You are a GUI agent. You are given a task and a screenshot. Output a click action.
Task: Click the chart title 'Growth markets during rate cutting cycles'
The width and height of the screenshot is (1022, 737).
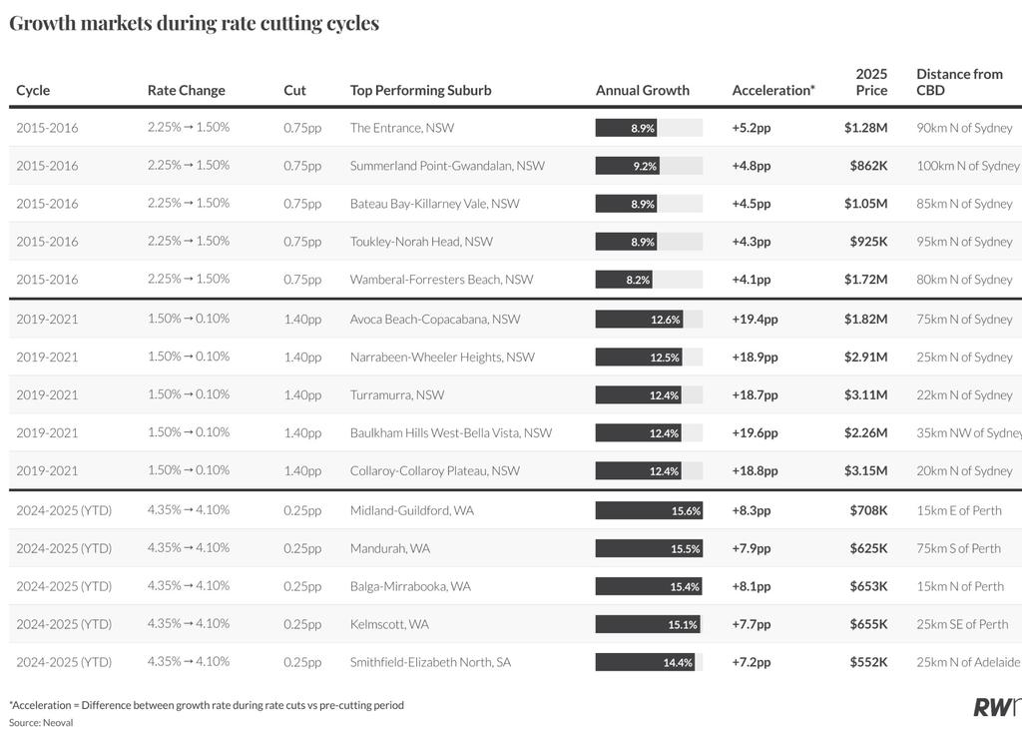coord(195,24)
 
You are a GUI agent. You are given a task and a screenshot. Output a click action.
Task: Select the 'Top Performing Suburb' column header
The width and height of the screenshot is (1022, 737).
coord(420,90)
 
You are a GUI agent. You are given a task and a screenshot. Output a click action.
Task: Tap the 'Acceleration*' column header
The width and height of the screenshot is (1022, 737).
coord(773,90)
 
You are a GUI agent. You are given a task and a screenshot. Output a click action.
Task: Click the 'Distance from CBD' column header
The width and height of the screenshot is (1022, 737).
coord(959,82)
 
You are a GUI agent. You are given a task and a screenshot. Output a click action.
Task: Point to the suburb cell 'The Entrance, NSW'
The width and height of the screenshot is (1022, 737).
coord(401,128)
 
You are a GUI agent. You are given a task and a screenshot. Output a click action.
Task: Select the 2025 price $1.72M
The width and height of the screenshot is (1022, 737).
coord(865,280)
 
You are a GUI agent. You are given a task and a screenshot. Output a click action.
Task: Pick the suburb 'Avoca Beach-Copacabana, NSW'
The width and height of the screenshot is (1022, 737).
coord(435,319)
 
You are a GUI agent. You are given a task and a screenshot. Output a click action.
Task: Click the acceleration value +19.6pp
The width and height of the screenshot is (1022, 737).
coord(755,432)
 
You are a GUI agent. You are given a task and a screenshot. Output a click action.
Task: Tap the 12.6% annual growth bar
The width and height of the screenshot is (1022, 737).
coord(639,319)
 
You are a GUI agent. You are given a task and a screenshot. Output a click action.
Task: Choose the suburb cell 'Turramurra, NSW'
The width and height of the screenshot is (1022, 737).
coord(397,394)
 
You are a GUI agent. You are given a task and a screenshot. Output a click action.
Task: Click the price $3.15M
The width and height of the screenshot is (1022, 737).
coord(865,470)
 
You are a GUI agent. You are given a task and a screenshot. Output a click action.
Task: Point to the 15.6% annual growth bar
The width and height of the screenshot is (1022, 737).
coord(649,510)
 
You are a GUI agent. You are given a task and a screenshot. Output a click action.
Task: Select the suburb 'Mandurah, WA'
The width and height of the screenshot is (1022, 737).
coord(390,548)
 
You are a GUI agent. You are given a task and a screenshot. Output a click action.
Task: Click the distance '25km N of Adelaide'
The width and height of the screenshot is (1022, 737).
coord(968,662)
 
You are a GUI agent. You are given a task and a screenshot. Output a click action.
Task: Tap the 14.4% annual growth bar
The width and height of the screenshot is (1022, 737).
coord(645,662)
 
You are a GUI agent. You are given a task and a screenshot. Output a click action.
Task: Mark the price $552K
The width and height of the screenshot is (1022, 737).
coord(868,662)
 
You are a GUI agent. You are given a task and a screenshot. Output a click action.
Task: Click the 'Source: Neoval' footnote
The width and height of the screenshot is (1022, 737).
coord(40,723)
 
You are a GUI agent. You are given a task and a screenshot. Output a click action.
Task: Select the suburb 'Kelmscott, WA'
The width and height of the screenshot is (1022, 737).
coord(389,624)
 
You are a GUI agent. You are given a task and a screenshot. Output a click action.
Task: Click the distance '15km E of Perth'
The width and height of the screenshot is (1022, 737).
coord(959,510)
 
